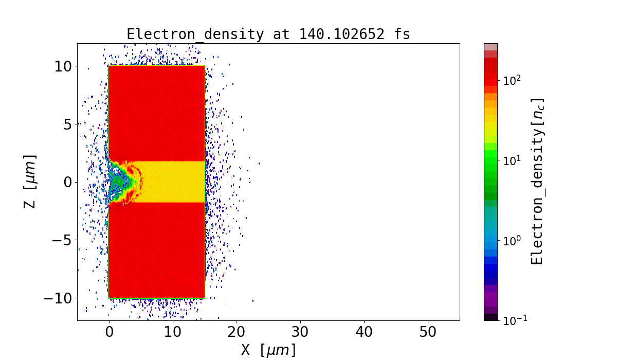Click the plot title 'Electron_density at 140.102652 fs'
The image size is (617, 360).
pyautogui.click(x=268, y=34)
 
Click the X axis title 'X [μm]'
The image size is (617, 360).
pyautogui.click(x=268, y=350)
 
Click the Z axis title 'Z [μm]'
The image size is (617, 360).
pyautogui.click(x=30, y=182)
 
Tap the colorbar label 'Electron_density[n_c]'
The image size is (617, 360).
pyautogui.click(x=537, y=182)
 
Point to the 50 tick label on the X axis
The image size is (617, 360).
pyautogui.click(x=428, y=332)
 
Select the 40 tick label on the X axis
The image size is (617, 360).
pyautogui.click(x=364, y=332)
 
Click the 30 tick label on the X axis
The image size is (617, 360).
pyautogui.click(x=300, y=332)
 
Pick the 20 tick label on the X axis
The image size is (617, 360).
pyautogui.click(x=237, y=332)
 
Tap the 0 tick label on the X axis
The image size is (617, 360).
pyautogui.click(x=109, y=332)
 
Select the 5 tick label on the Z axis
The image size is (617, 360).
pyautogui.click(x=67, y=123)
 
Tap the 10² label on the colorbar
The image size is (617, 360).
pyautogui.click(x=512, y=80)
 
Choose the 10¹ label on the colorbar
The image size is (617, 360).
pyautogui.click(x=512, y=160)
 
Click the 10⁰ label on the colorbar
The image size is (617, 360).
pyautogui.click(x=512, y=240)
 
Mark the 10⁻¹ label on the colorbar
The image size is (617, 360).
pyautogui.click(x=512, y=320)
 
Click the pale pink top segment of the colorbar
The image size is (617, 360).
pyautogui.click(x=491, y=46)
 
